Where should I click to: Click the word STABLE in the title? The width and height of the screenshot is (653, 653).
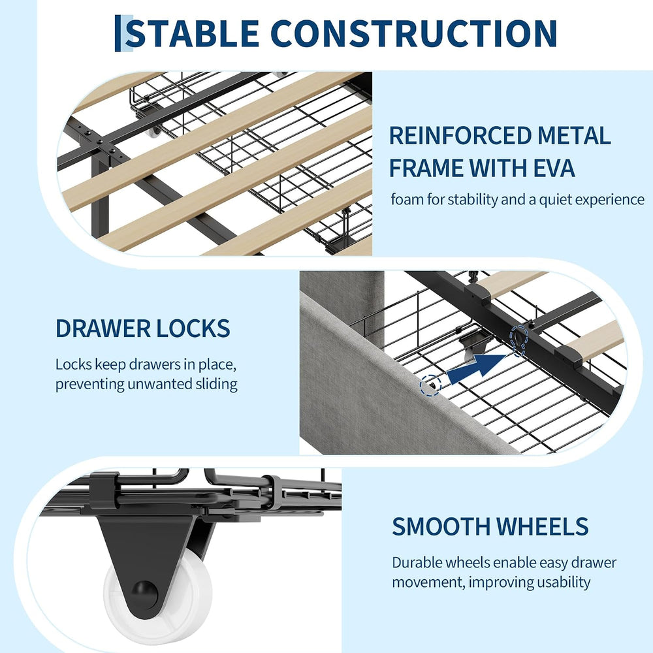[192, 33]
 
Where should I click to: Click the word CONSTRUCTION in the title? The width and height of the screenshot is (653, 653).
[413, 33]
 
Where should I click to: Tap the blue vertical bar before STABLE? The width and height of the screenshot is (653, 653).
[118, 33]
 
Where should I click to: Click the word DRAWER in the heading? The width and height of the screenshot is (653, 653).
[103, 328]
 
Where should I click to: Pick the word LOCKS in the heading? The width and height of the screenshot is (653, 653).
[193, 328]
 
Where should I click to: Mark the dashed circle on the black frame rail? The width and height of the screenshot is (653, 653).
[520, 341]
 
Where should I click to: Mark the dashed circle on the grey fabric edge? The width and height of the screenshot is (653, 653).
[430, 385]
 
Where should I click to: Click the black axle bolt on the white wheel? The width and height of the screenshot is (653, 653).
[144, 592]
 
